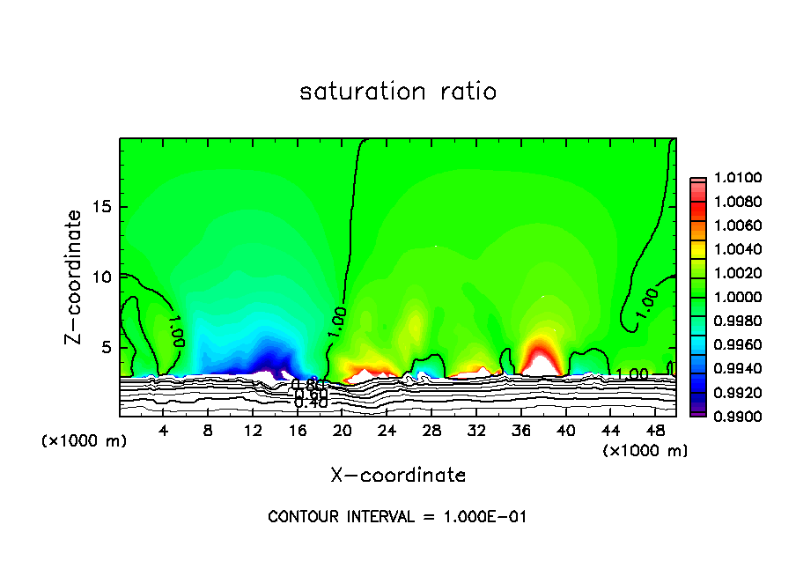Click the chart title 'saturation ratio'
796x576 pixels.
pyautogui.click(x=398, y=92)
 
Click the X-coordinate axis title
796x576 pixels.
pyautogui.click(x=398, y=476)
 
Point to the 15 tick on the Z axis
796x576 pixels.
pyautogui.click(x=102, y=207)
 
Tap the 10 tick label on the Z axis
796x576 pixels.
pyautogui.click(x=102, y=277)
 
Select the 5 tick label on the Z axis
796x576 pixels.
pyautogui.click(x=106, y=347)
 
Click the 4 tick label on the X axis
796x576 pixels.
pyautogui.click(x=164, y=431)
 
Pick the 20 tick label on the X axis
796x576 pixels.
pyautogui.click(x=342, y=431)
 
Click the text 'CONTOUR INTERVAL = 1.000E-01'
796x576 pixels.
pyautogui.click(x=397, y=517)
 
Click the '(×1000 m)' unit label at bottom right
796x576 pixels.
pyautogui.click(x=645, y=451)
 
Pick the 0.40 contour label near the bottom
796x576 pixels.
pyautogui.click(x=311, y=402)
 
